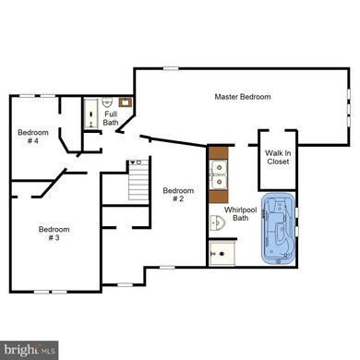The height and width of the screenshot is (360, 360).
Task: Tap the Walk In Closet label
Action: pos(277,158)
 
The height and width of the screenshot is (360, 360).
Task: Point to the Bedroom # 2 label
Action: pos(177,195)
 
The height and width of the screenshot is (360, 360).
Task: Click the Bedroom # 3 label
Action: pos(49,234)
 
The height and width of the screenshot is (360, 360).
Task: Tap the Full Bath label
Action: pos(110,119)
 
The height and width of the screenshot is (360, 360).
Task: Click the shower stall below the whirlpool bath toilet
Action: pos(222,252)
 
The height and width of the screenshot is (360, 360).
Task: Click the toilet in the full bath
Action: pos(107,102)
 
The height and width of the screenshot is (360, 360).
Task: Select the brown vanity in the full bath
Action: pos(125,103)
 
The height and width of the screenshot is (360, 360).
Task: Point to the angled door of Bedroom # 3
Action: pos(47,182)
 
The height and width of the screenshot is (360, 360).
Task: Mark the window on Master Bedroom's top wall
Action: pos(170,67)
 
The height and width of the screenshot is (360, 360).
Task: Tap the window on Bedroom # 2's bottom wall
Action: pos(166,268)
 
